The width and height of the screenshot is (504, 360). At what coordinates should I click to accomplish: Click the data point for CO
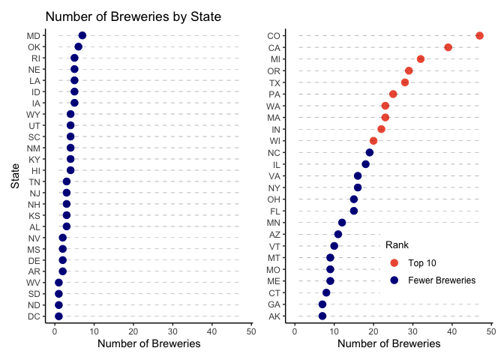pos(479,35)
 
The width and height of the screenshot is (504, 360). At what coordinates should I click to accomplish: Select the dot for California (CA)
pos(448,47)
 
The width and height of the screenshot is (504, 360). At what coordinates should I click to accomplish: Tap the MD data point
pos(82,35)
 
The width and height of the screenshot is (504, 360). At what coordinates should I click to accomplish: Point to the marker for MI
pos(421,58)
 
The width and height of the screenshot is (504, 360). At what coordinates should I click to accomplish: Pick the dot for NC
pos(369,152)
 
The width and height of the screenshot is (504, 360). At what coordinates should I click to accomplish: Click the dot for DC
pos(58,316)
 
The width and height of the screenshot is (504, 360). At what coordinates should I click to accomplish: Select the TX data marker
pos(405,82)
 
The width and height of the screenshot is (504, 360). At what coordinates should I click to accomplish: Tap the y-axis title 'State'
pos(14,176)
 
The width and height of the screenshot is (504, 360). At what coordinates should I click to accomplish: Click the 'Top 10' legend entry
pos(422,262)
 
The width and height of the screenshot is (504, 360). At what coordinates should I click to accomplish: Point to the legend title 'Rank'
pos(396,244)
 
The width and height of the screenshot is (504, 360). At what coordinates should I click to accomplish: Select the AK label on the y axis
pos(274,316)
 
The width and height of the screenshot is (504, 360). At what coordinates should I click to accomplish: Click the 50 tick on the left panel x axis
pos(250,331)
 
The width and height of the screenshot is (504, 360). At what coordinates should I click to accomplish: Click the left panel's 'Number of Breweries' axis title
pos(149,344)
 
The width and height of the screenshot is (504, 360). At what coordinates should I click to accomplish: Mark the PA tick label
pos(274,94)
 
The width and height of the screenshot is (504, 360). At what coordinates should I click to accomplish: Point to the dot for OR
pos(409,70)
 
